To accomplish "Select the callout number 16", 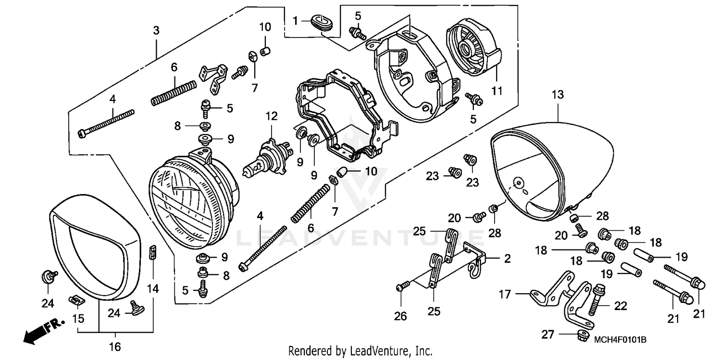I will coord(115,346).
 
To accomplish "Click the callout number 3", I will coord(156,30).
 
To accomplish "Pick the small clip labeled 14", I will coord(152,251).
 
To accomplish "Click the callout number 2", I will coord(508,259).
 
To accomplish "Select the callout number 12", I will coord(272,116).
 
